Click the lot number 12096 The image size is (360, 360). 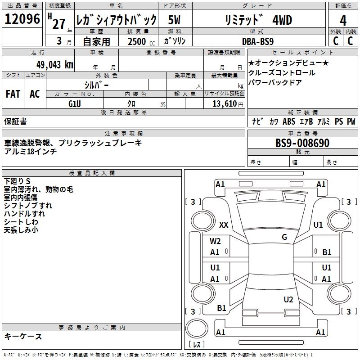tap(22, 19)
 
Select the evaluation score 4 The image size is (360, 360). tap(343, 21)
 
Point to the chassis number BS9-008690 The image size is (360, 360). tap(302, 144)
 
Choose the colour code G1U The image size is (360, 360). tap(75, 103)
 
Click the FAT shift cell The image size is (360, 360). tap(13, 94)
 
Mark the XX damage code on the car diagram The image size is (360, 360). tap(224, 225)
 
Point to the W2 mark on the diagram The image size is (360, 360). tap(215, 241)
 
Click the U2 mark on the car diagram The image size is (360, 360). tap(288, 299)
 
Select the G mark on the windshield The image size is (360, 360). tap(284, 237)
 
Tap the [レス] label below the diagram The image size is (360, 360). tap(198, 344)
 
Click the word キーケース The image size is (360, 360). tap(23, 337)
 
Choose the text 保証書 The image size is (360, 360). tap(15, 121)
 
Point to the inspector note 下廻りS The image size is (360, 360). tap(17, 181)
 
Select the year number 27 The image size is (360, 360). tap(58, 23)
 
